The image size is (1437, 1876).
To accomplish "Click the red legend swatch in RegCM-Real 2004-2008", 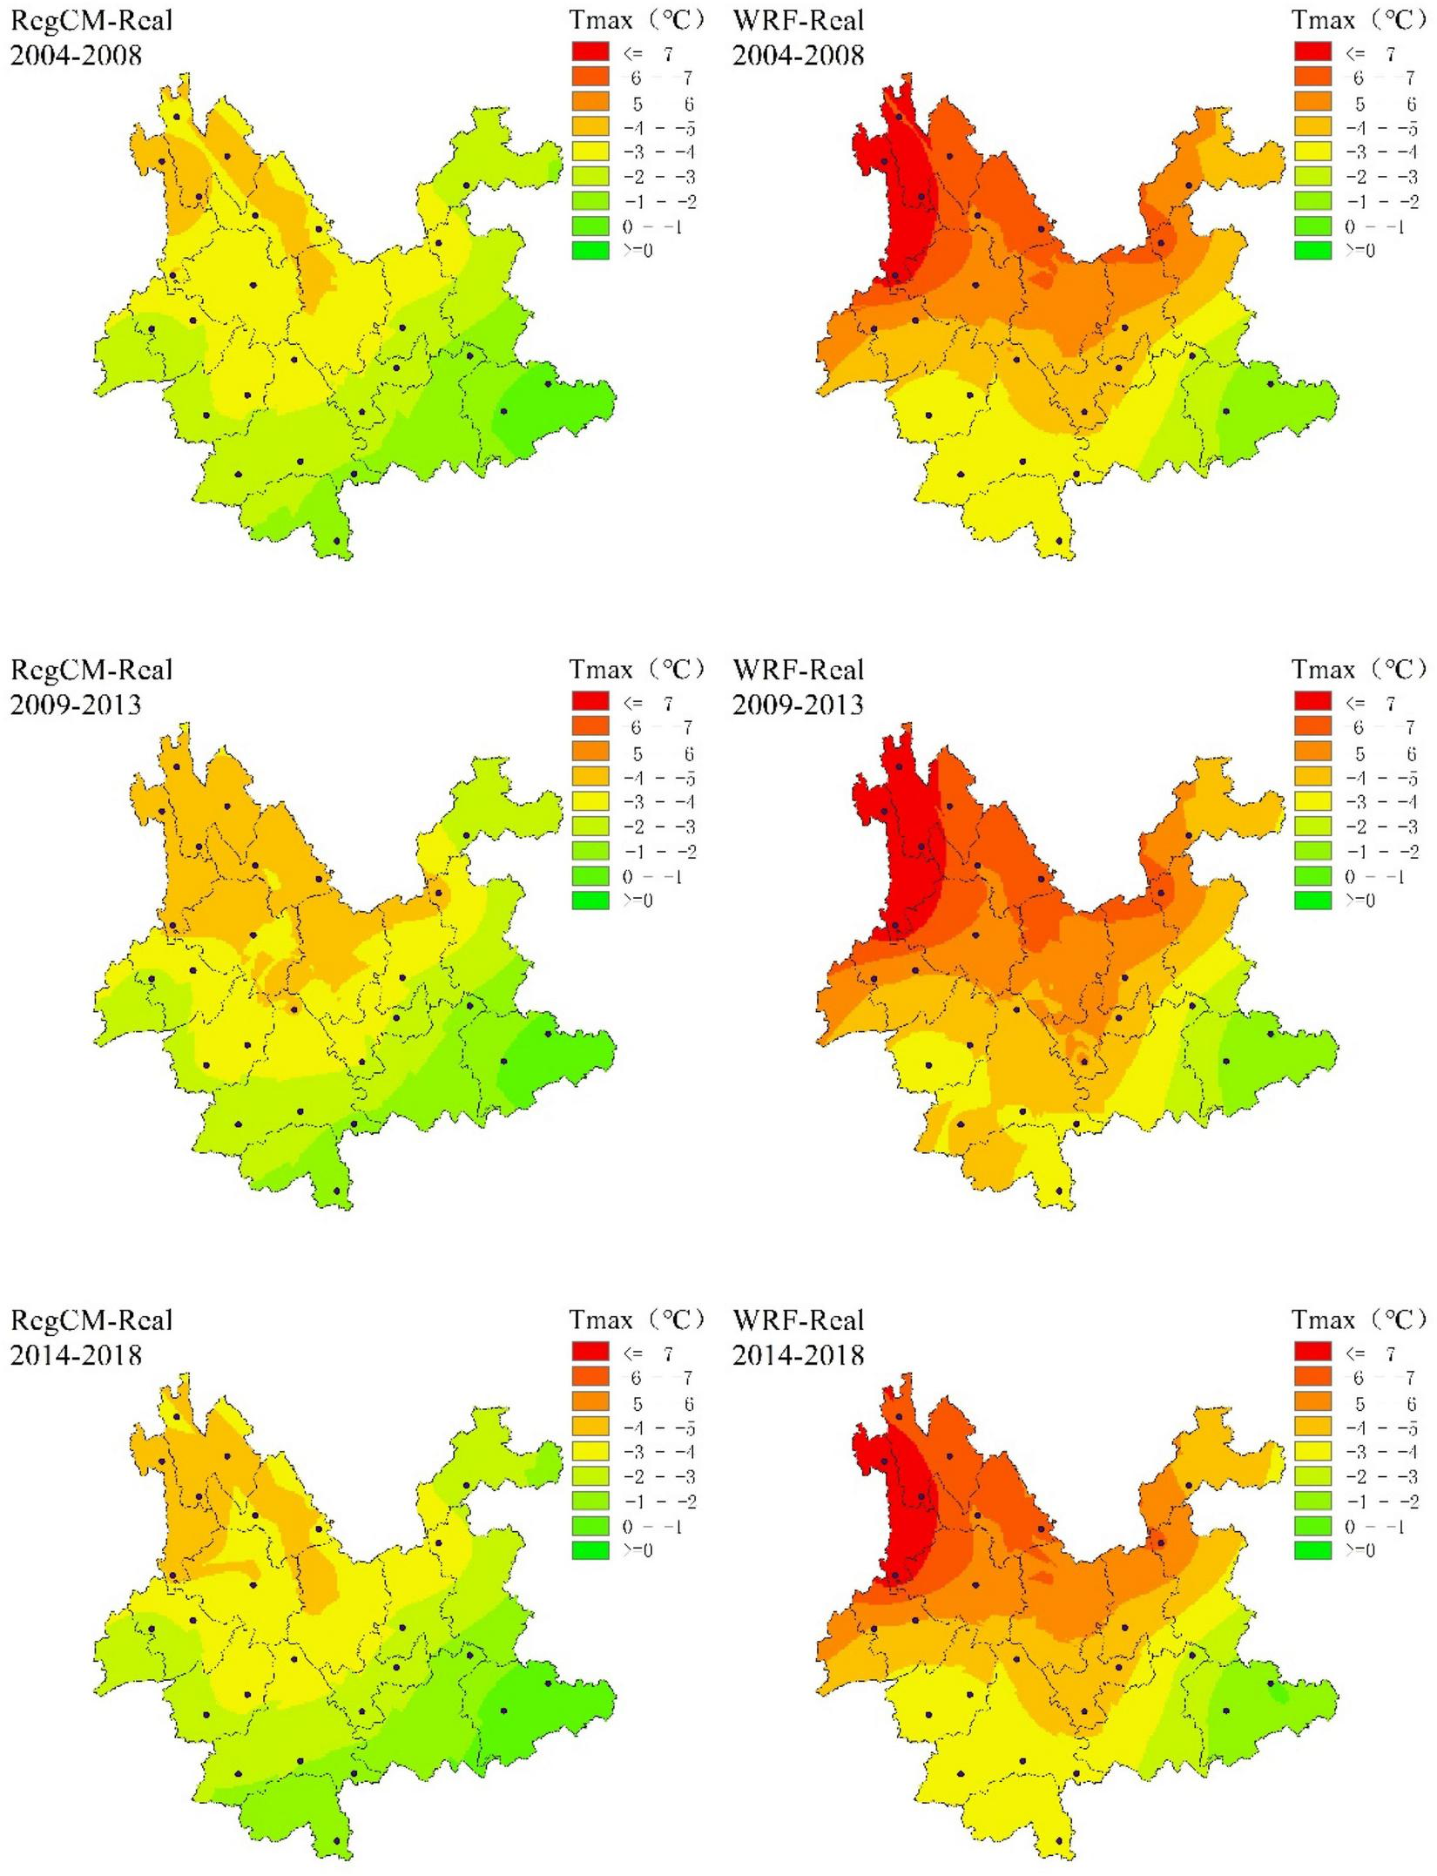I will point(590,52).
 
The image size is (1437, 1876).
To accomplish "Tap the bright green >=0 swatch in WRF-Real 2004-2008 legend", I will point(1312,251).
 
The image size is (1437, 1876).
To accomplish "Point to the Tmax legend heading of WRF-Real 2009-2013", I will point(1359,669).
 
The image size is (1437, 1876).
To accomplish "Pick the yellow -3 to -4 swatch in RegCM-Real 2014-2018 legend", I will point(590,1452).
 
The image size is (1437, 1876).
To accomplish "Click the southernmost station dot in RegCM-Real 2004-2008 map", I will point(337,541).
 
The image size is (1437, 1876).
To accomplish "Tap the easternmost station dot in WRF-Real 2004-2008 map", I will point(1271,383).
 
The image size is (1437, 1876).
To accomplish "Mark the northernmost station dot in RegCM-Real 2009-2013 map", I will point(177,766).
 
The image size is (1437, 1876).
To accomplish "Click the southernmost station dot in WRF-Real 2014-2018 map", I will point(1059,1841).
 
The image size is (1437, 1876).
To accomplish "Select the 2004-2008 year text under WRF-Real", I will point(799,54).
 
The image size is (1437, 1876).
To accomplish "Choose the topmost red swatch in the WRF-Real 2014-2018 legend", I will point(1312,1353).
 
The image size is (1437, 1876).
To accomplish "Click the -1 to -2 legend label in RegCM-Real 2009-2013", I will point(665,852).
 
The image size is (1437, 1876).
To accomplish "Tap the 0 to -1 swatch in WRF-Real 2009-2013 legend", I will point(1312,876).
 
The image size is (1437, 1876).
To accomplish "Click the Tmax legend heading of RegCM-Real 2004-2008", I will point(637,19).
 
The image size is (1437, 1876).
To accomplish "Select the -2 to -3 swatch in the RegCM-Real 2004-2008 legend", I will point(590,177).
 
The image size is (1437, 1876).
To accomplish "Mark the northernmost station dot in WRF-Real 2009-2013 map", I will point(899,766).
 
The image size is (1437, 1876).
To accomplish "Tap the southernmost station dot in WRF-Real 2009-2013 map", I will point(1059,1191).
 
